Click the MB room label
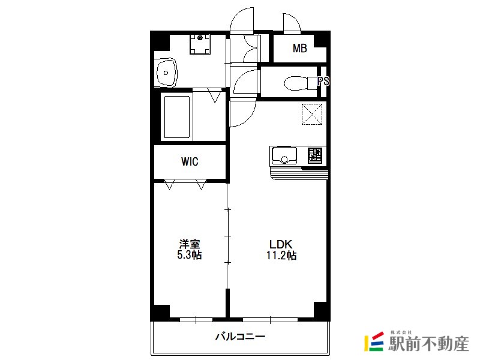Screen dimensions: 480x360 (299, 49)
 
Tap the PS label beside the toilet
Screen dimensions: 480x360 (323, 81)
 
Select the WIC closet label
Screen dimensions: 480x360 (190, 161)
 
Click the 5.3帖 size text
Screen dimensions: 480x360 (189, 254)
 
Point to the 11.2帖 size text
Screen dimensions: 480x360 (281, 255)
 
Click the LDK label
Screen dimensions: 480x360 (281, 244)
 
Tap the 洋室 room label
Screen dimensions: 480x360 (190, 244)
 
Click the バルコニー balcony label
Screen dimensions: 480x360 (241, 337)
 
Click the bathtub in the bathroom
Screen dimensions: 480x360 (177, 117)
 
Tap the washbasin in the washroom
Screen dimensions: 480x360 (167, 73)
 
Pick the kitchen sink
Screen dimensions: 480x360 (284, 155)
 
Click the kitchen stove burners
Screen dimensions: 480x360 (314, 155)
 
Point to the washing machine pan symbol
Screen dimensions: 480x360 (200, 44)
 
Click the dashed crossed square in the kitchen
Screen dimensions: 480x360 (312, 114)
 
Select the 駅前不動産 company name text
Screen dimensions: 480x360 (428, 344)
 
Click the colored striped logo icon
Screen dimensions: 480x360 (374, 341)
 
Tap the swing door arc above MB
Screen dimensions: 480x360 (292, 22)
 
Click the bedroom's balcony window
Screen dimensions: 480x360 (196, 320)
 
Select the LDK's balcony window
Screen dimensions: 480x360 (270, 320)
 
